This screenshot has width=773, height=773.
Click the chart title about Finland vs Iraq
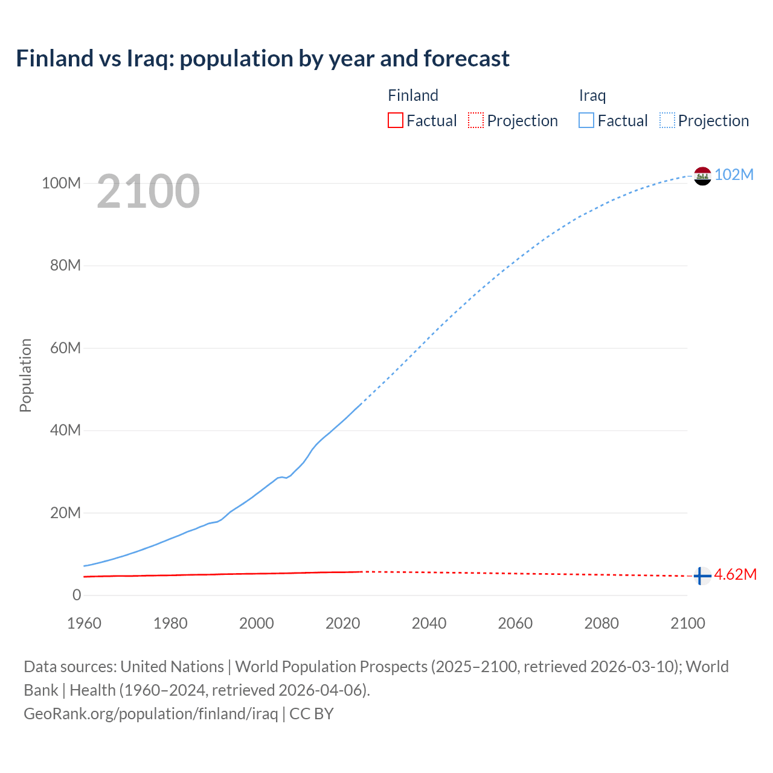(x=263, y=59)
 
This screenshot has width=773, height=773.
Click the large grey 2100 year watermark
(x=148, y=191)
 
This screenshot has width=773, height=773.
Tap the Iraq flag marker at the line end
(x=702, y=176)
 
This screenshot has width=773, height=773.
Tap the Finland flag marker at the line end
(x=702, y=576)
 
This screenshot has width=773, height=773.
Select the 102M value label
(x=734, y=175)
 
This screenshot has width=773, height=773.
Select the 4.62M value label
(x=735, y=574)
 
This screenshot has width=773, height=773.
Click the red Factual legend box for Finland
(x=396, y=121)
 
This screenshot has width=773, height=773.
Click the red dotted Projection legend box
(x=476, y=121)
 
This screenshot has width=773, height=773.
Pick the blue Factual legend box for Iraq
(x=586, y=121)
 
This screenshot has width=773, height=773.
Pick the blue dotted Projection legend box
(x=667, y=121)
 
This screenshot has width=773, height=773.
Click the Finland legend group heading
(x=413, y=95)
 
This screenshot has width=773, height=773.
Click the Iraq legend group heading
(x=592, y=95)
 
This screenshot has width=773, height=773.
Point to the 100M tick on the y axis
(x=61, y=183)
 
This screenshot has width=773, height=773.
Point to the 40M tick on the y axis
(x=65, y=431)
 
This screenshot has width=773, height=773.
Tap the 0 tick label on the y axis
(x=77, y=595)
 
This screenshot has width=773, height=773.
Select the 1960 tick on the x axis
(x=84, y=623)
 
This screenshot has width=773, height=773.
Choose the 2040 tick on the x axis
(x=429, y=623)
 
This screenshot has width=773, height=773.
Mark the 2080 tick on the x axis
(x=601, y=623)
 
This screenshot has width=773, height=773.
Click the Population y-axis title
(x=25, y=375)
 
